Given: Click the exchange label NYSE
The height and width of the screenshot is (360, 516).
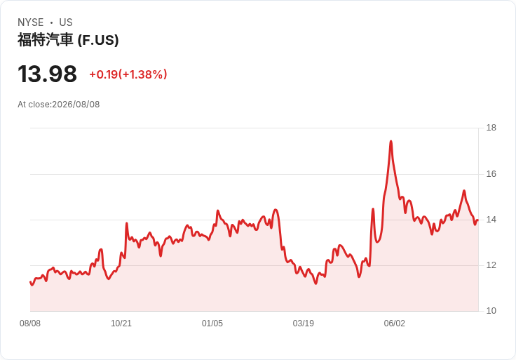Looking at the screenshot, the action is coord(31,22).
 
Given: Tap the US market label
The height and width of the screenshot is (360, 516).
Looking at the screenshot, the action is coord(66,22).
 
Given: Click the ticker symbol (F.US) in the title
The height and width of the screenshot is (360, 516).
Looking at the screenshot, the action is coord(98,40).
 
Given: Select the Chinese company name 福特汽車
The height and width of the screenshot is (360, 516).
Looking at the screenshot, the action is coord(46,40).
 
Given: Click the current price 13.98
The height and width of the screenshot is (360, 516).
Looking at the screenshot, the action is coord(48,74).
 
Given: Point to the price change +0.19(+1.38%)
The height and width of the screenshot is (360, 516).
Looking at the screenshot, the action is coord(128,74).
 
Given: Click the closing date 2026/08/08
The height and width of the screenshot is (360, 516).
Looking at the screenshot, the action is coord(76,105).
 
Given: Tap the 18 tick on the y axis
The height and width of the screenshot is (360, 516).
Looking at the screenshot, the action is coord(491,128).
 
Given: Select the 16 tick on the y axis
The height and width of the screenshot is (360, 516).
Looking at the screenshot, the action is coord(491,174).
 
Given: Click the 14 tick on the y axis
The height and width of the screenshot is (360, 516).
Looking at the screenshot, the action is coord(491,220).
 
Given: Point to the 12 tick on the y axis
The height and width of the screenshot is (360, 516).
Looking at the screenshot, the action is coord(491,265).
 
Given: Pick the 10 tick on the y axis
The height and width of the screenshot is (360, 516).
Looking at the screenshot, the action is coord(491,311).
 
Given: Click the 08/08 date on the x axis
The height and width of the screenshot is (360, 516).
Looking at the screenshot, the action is coord(30,324).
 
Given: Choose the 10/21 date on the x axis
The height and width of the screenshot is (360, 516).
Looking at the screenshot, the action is coord(121,324).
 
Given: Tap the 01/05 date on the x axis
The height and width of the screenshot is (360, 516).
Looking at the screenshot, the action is coord(212,324).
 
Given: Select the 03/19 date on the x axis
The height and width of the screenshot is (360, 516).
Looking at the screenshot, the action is coord(304,324).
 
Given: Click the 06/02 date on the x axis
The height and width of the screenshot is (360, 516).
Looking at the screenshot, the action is coord(395,324).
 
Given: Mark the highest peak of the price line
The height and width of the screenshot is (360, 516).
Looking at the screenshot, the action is coord(391,142).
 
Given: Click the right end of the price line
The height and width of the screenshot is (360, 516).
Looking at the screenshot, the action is coord(477,220).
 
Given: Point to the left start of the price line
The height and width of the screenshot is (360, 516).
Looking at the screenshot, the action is coord(30,282).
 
